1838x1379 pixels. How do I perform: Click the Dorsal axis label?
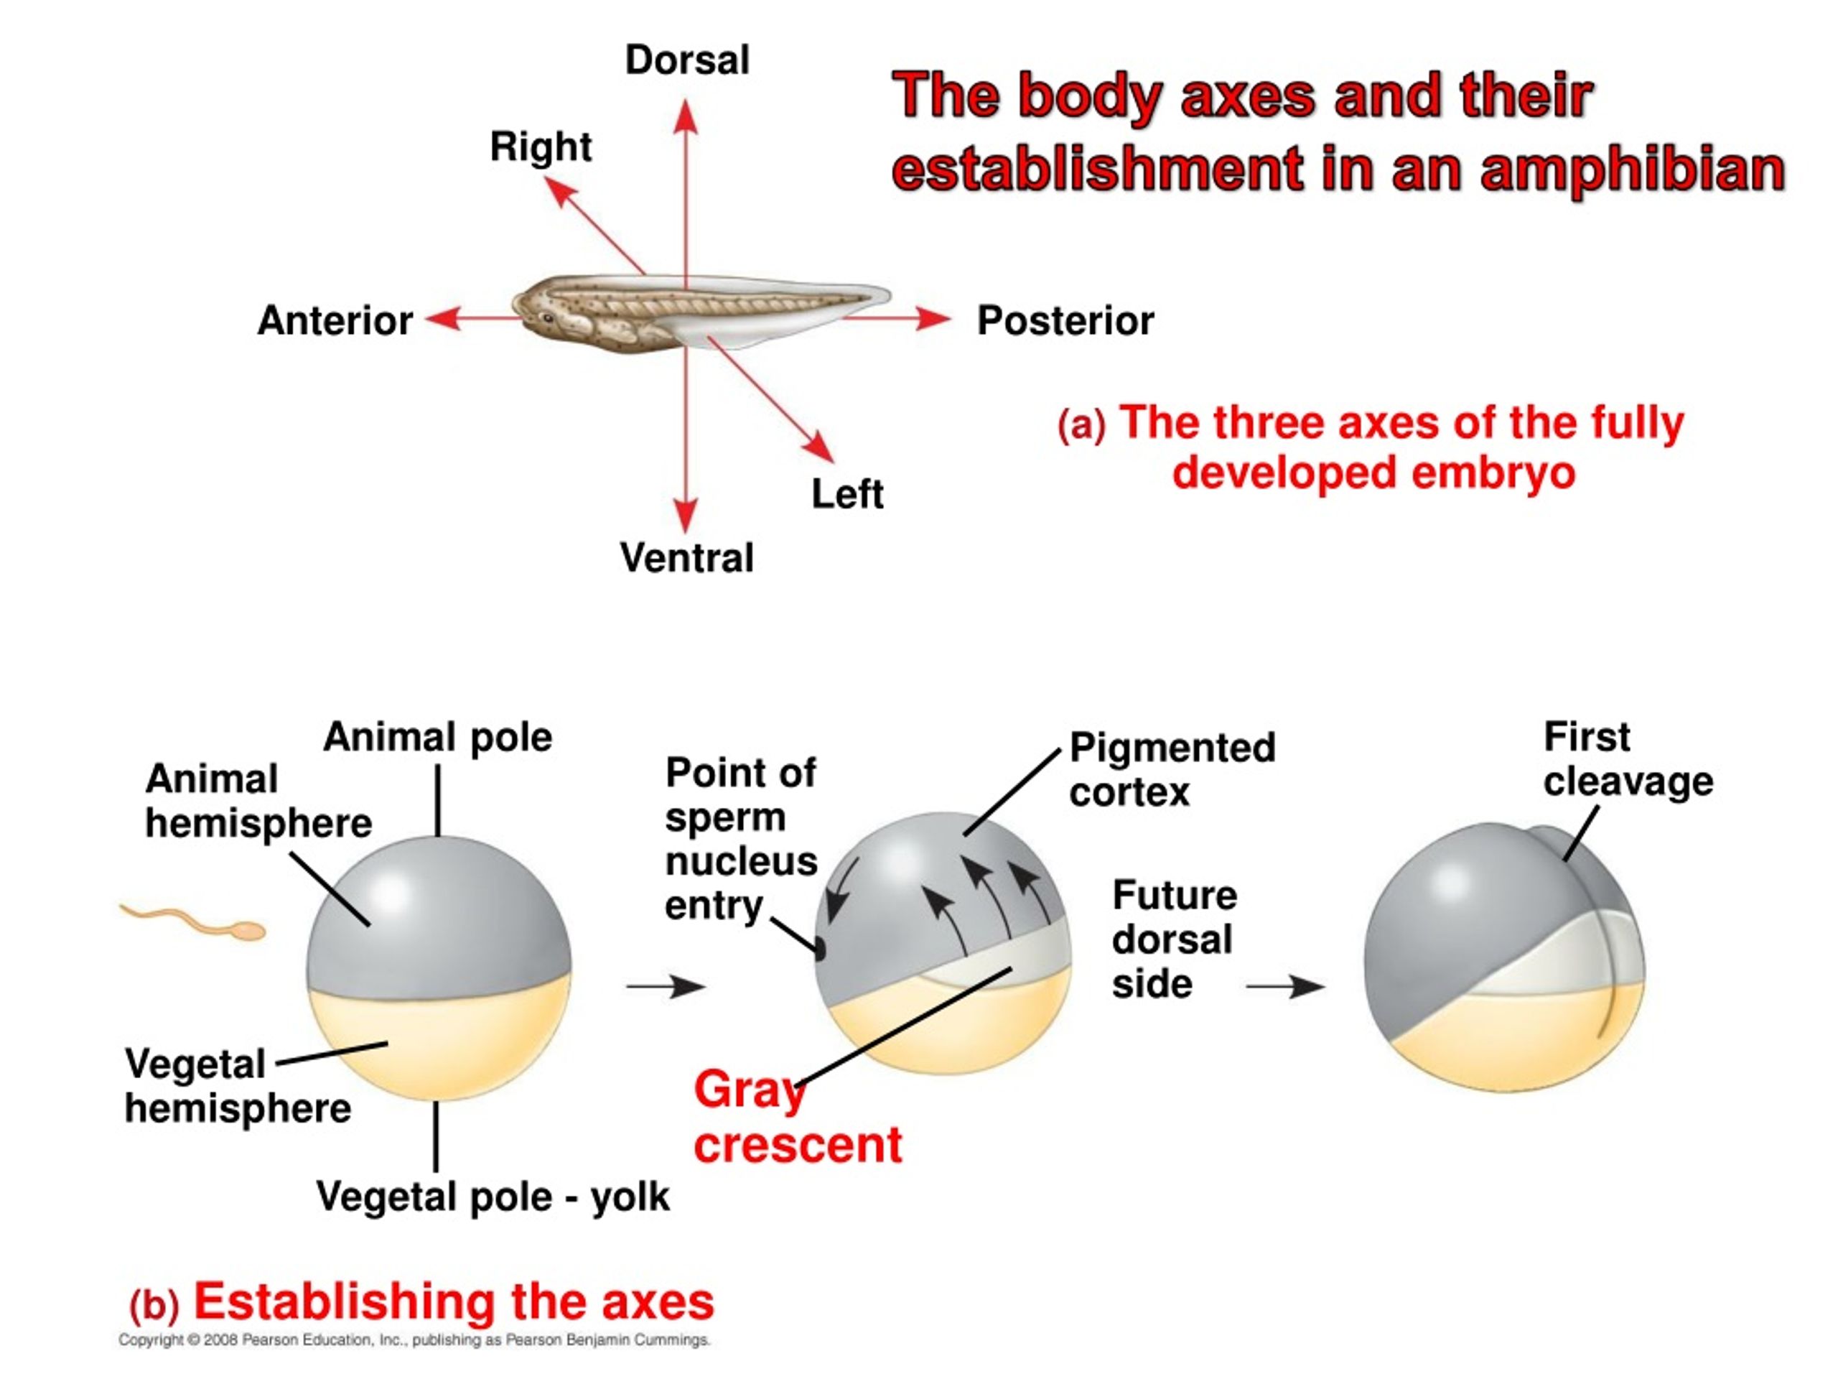687,60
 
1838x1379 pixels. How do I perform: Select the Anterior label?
335,320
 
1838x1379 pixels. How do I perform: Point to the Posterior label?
1065,320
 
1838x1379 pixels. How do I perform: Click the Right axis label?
541,148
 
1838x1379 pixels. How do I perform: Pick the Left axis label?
847,493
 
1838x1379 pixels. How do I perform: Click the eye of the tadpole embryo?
548,317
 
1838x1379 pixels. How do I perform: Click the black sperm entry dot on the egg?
819,949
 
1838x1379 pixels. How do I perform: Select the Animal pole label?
438,738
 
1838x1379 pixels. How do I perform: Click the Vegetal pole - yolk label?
493,1197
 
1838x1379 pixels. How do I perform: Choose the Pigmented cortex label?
1172,769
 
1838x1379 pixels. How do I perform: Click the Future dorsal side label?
1174,939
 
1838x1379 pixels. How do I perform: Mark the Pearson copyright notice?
414,1340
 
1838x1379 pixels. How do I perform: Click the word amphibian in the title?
1632,169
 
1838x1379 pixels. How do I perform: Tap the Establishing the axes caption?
454,1301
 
